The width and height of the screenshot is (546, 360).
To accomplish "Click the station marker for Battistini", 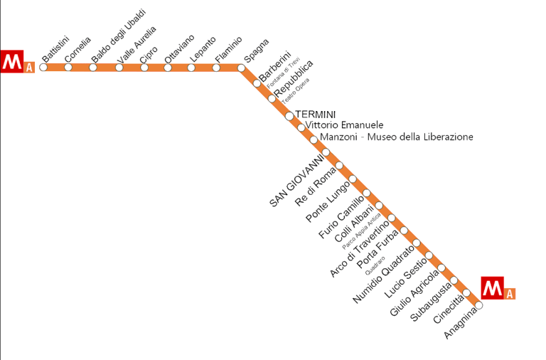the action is (43, 68).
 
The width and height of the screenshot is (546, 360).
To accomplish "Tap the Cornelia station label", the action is (77, 49).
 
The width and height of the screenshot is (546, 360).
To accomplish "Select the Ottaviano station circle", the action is (168, 68).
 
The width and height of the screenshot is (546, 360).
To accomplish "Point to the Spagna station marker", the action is (241, 68).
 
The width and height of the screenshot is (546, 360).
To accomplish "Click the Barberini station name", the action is (275, 65).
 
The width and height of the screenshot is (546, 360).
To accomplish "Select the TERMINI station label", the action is (315, 114).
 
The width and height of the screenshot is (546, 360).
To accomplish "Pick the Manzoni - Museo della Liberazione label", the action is (396, 137).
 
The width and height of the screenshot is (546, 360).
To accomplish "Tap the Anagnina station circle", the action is (478, 305).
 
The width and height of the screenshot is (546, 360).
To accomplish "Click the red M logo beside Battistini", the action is (11, 61).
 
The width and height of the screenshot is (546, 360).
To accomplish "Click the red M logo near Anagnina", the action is (492, 287).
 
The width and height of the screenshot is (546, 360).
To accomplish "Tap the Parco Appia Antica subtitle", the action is (362, 230).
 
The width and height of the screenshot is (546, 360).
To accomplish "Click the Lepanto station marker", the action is (192, 68).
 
